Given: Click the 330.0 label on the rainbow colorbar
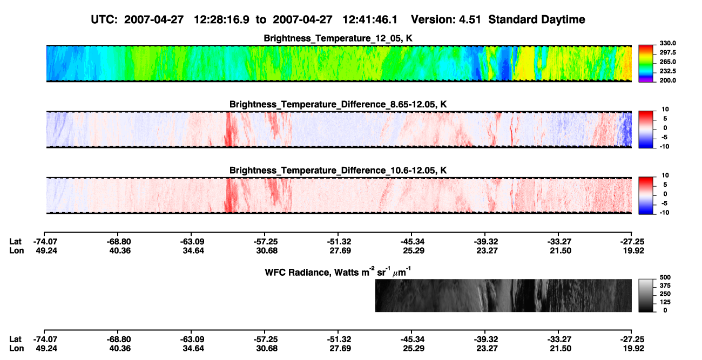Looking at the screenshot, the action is click(x=667, y=43).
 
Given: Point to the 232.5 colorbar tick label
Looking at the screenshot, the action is click(x=667, y=71).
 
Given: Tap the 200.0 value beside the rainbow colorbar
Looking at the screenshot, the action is click(x=667, y=80).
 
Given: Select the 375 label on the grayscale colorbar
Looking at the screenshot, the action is click(x=665, y=286).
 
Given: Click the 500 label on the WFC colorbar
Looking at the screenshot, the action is click(x=665, y=277).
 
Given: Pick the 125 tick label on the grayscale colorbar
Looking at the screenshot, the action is click(x=665, y=302).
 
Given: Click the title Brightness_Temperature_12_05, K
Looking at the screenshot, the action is click(x=338, y=38).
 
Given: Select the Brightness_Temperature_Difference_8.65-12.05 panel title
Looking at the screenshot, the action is click(x=338, y=104).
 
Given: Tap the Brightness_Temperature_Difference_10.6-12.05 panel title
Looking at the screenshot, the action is click(x=338, y=171).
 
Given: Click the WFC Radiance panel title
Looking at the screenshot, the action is click(x=338, y=272).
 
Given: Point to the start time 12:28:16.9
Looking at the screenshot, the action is click(x=221, y=20).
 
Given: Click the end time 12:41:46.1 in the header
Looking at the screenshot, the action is click(x=370, y=20).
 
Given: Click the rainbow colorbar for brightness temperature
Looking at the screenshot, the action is click(x=646, y=64).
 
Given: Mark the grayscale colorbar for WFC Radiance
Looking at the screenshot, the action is click(x=646, y=295).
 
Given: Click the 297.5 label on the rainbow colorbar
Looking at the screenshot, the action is click(x=667, y=53).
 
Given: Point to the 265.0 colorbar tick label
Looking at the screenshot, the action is click(x=667, y=62).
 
